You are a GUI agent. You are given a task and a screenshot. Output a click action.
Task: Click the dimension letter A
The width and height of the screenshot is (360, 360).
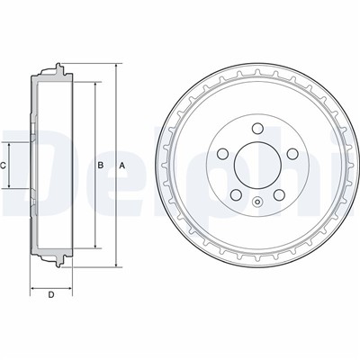[x=121, y=166]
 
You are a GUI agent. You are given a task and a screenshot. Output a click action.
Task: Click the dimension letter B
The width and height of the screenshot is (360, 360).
[x=101, y=165]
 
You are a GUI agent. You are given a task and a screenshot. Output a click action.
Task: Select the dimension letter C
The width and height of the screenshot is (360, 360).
[x=3, y=165]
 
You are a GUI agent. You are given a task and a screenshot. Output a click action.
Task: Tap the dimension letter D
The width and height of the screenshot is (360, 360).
[x=51, y=295]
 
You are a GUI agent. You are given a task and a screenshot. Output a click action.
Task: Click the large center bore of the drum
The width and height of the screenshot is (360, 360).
[x=257, y=166]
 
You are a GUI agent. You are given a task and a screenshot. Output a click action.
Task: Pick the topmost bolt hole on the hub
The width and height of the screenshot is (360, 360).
[x=257, y=129]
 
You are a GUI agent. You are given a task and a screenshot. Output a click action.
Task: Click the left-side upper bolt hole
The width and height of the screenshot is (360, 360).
[x=222, y=154]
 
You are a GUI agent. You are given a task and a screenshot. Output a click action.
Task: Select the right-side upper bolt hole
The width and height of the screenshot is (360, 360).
[x=292, y=154]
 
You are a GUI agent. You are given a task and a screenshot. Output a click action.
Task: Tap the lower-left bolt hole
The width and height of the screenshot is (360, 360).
[x=236, y=195]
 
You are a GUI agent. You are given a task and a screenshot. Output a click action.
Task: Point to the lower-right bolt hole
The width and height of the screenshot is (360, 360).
[x=279, y=195]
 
